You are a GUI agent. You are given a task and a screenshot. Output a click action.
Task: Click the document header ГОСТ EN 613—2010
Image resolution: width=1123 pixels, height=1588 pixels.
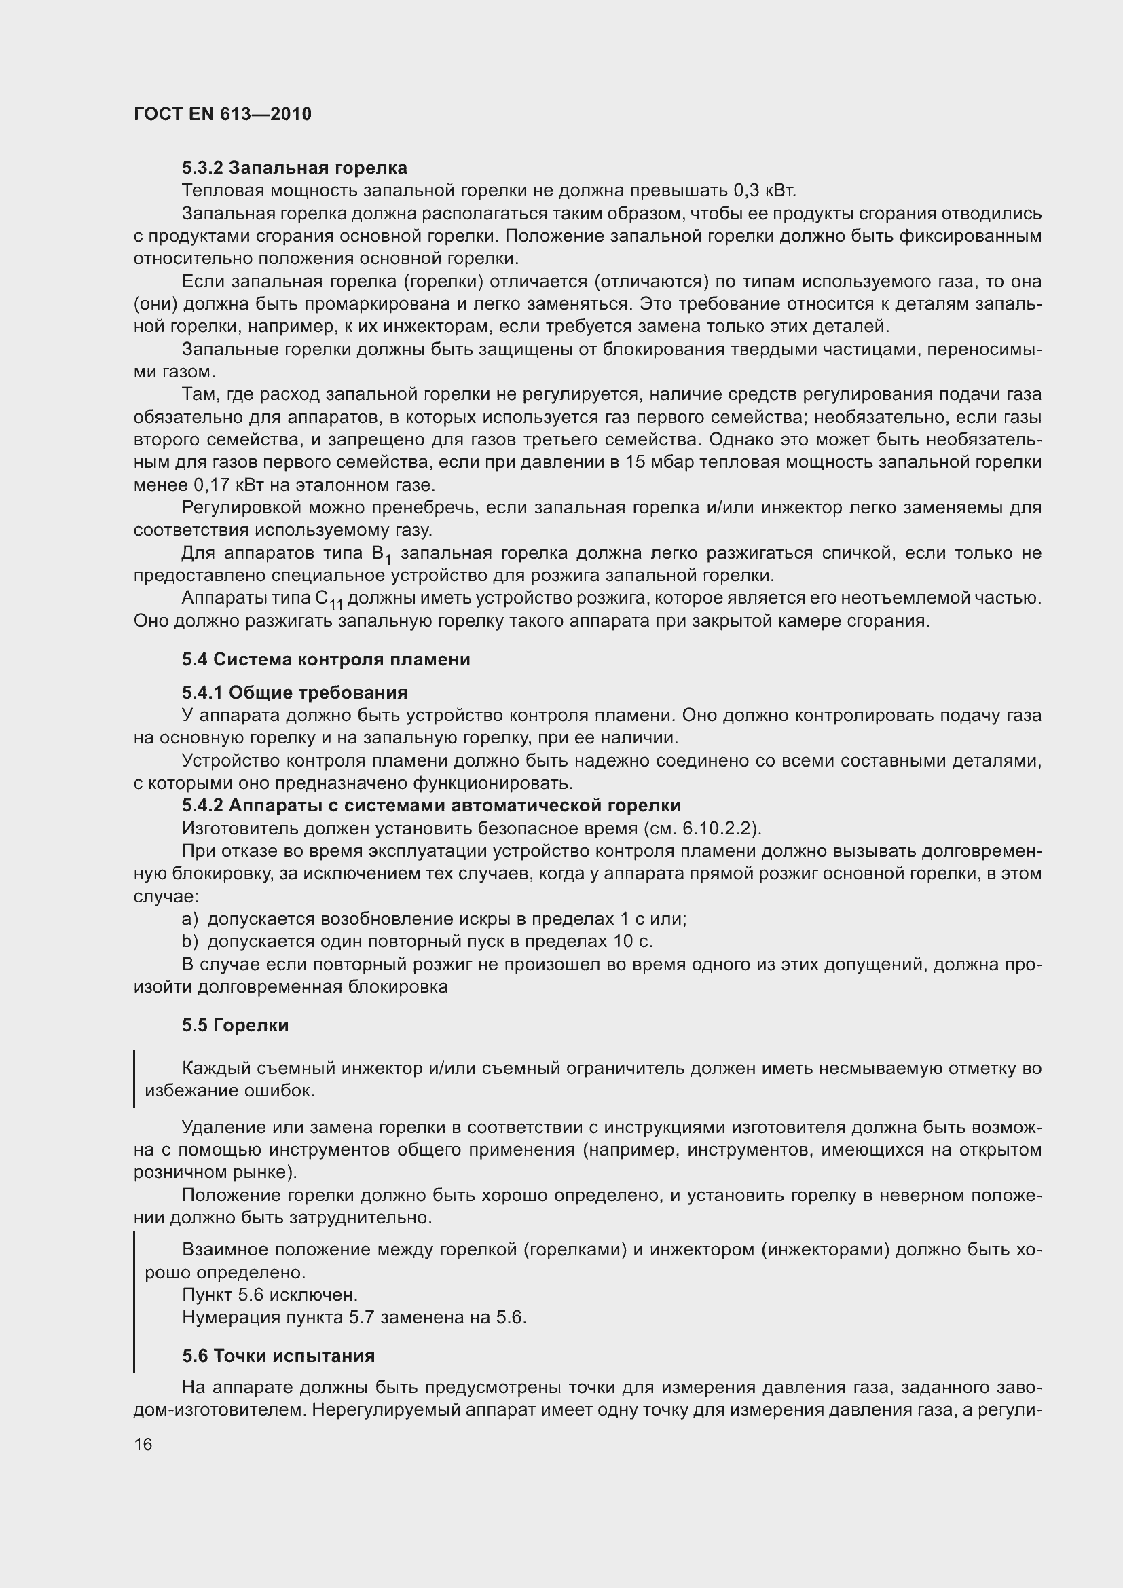pos(222,114)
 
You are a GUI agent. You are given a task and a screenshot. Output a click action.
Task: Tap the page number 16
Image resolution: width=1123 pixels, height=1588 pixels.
pos(143,1445)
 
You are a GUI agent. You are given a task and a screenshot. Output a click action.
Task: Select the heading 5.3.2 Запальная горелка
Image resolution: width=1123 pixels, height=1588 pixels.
pos(294,168)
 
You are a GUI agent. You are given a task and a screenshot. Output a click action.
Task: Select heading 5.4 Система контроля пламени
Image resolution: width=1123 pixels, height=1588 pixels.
pos(326,659)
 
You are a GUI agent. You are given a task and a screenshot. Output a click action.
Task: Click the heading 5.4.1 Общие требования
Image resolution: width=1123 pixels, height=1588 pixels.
pos(294,693)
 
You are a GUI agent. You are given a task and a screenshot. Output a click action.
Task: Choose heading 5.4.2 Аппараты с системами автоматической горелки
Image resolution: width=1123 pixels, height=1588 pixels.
pos(431,805)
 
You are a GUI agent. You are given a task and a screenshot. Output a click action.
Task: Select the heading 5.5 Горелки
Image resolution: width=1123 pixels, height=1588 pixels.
pos(235,1025)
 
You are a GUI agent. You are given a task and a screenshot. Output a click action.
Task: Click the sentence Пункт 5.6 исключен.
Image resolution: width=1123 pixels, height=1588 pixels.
pos(270,1295)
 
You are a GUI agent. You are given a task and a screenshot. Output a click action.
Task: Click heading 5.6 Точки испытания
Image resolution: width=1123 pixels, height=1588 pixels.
pos(278,1356)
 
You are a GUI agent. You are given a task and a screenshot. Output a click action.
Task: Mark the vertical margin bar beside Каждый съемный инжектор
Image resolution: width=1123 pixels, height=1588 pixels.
pos(134,1079)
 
